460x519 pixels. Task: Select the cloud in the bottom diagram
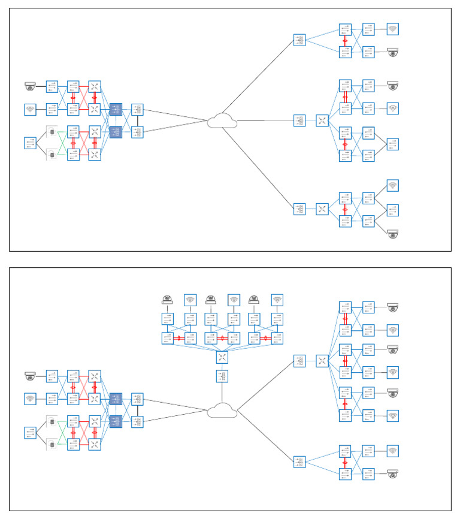click(222, 411)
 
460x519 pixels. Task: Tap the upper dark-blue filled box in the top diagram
click(116, 109)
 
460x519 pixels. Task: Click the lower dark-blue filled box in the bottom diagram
click(116, 421)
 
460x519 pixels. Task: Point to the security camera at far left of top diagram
click(31, 87)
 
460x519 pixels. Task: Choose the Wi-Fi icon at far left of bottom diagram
click(31, 399)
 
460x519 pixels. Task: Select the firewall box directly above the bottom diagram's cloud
click(222, 376)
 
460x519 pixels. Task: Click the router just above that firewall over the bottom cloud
click(222, 357)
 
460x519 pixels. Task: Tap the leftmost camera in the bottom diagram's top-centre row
click(167, 300)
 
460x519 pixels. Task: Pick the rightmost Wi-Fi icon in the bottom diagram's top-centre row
click(277, 300)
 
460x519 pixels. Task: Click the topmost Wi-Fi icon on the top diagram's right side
click(392, 29)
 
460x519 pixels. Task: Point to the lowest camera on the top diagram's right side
click(392, 233)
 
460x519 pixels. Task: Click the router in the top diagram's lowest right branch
click(322, 209)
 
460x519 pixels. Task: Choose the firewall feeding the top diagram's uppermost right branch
click(299, 40)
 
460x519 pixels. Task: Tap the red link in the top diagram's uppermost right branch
click(345, 40)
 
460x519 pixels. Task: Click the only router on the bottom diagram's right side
click(322, 361)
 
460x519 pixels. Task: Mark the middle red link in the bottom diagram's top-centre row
click(222, 338)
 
